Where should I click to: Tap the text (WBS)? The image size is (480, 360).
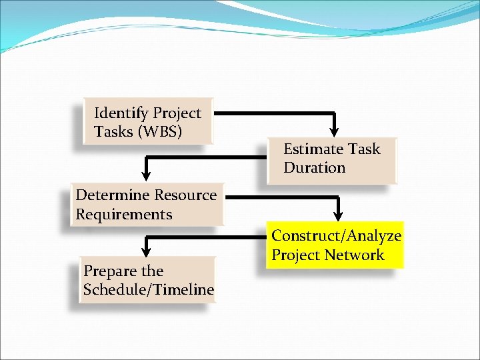pyautogui.click(x=159, y=132)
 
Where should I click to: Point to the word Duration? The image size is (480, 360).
pyautogui.click(x=314, y=168)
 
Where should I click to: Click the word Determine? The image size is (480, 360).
pyautogui.click(x=113, y=195)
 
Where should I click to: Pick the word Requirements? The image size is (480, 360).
pyautogui.click(x=124, y=215)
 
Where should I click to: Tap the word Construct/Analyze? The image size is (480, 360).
pyautogui.click(x=336, y=236)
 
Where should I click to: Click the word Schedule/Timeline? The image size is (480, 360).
pyautogui.click(x=149, y=290)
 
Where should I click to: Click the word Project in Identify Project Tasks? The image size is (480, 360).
pyautogui.click(x=177, y=113)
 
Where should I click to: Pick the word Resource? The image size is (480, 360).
pyautogui.click(x=185, y=195)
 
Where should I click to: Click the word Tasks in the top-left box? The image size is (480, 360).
pyautogui.click(x=114, y=132)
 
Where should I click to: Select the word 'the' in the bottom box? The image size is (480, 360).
pyautogui.click(x=152, y=271)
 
